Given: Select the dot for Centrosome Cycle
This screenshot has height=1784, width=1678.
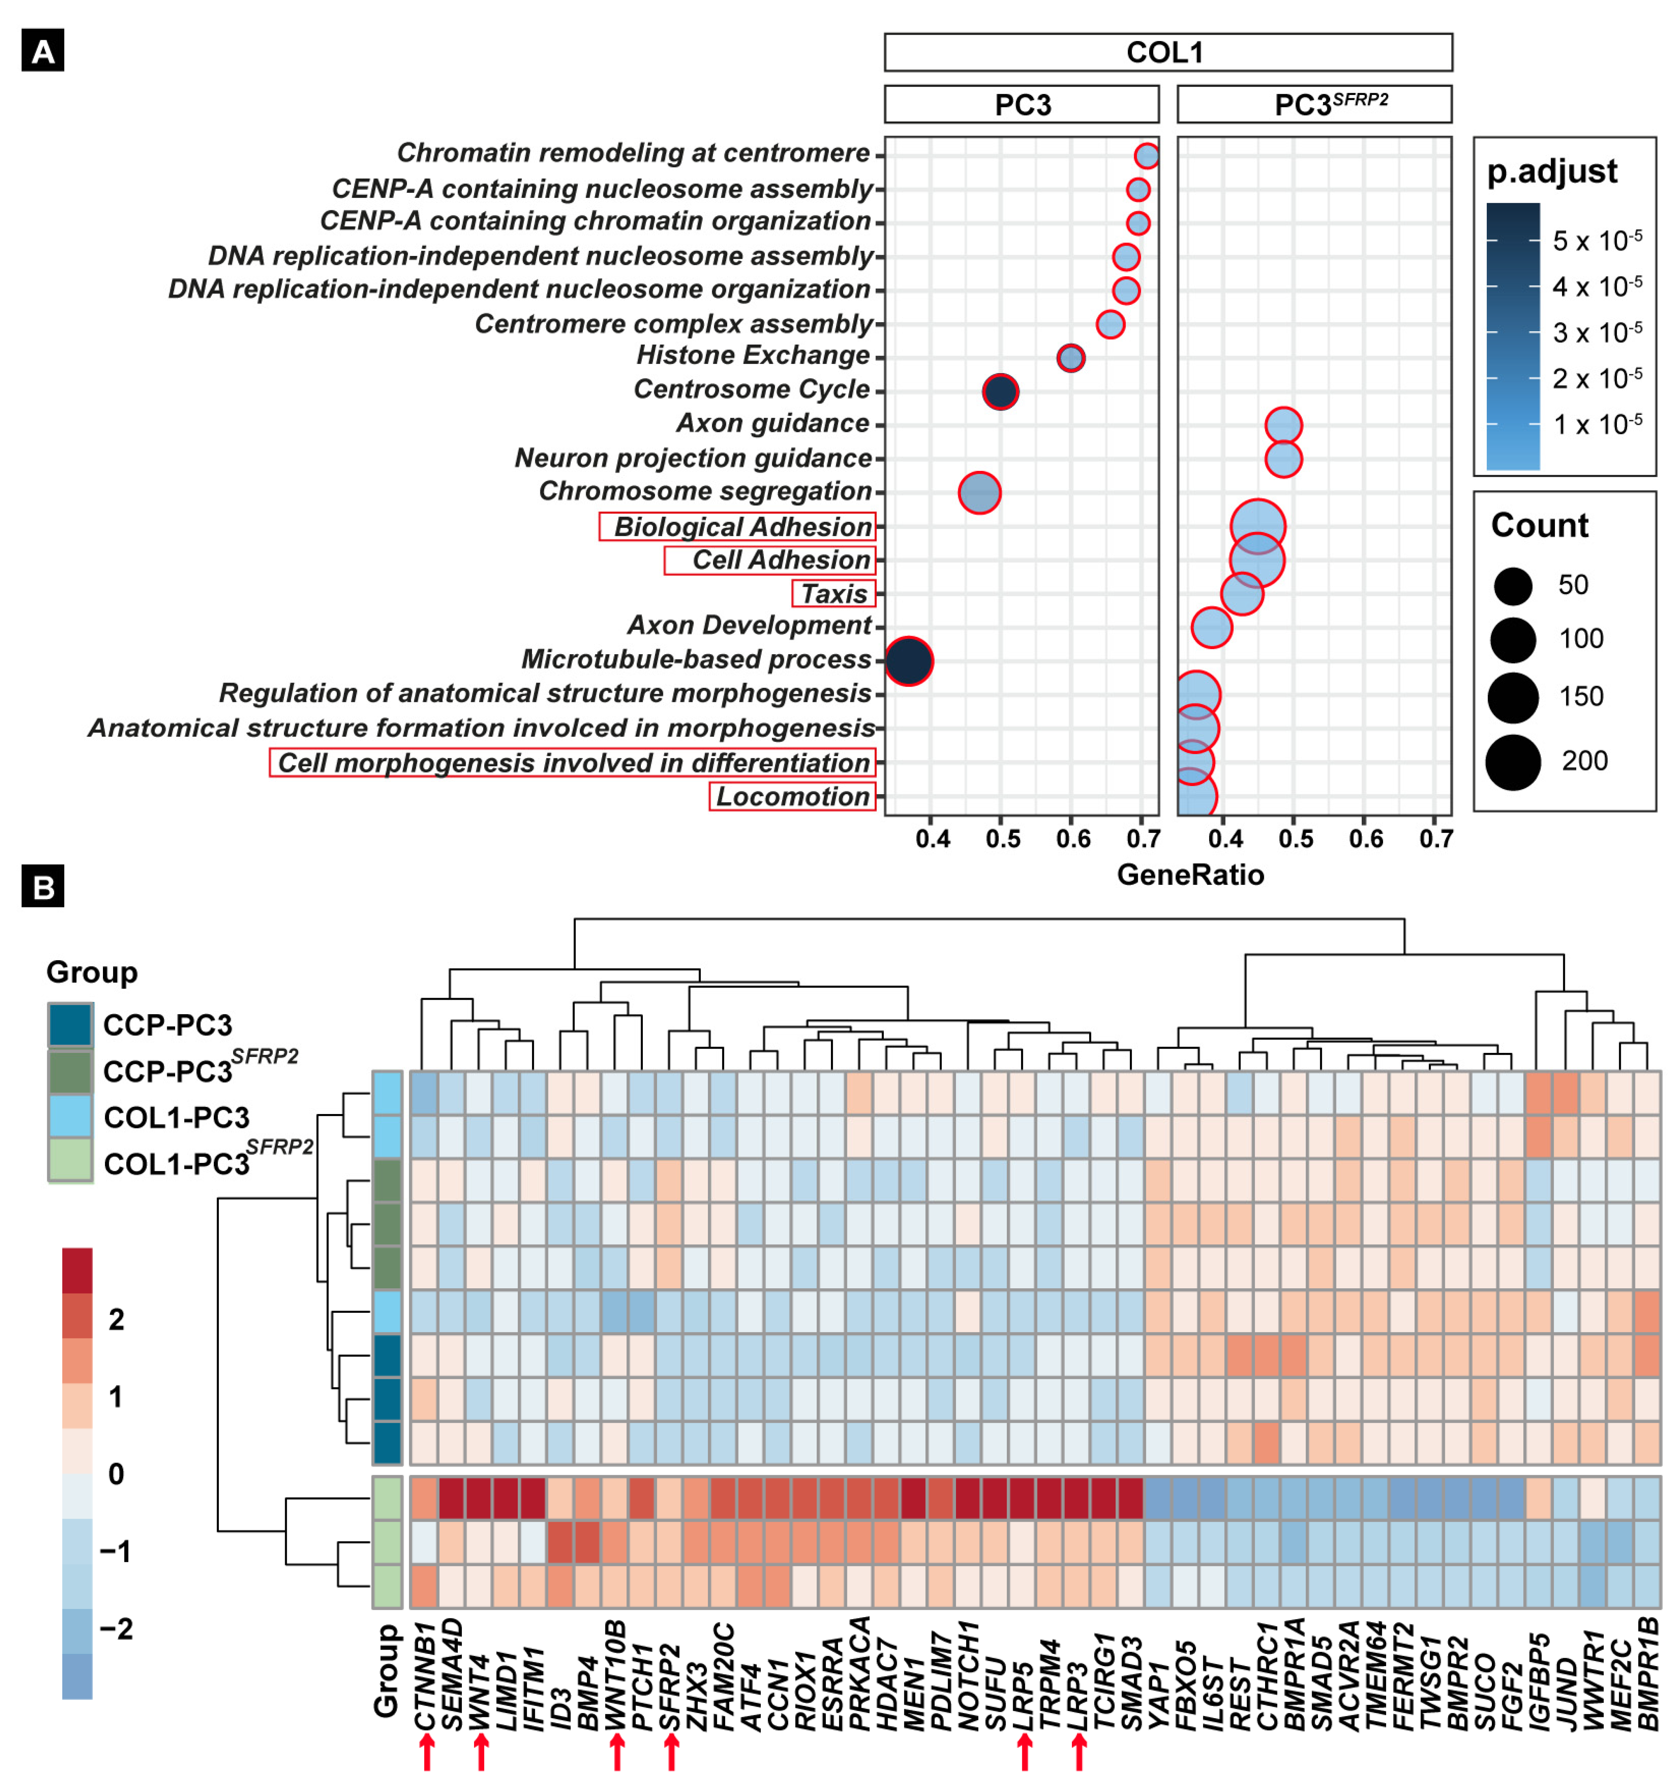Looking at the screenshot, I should [x=1000, y=392].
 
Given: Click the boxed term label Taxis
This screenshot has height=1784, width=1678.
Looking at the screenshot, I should [x=834, y=594].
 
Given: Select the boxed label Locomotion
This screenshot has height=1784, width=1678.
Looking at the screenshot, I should [x=792, y=797].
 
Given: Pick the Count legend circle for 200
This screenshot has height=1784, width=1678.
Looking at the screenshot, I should [x=1513, y=762].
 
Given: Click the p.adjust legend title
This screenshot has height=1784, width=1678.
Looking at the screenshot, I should [x=1551, y=172].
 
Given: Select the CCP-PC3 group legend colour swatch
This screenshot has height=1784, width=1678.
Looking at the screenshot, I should [x=70, y=1025].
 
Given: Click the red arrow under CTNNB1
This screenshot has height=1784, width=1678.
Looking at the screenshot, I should [x=427, y=1752].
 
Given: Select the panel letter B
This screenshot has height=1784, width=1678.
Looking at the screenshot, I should [x=42, y=886].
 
